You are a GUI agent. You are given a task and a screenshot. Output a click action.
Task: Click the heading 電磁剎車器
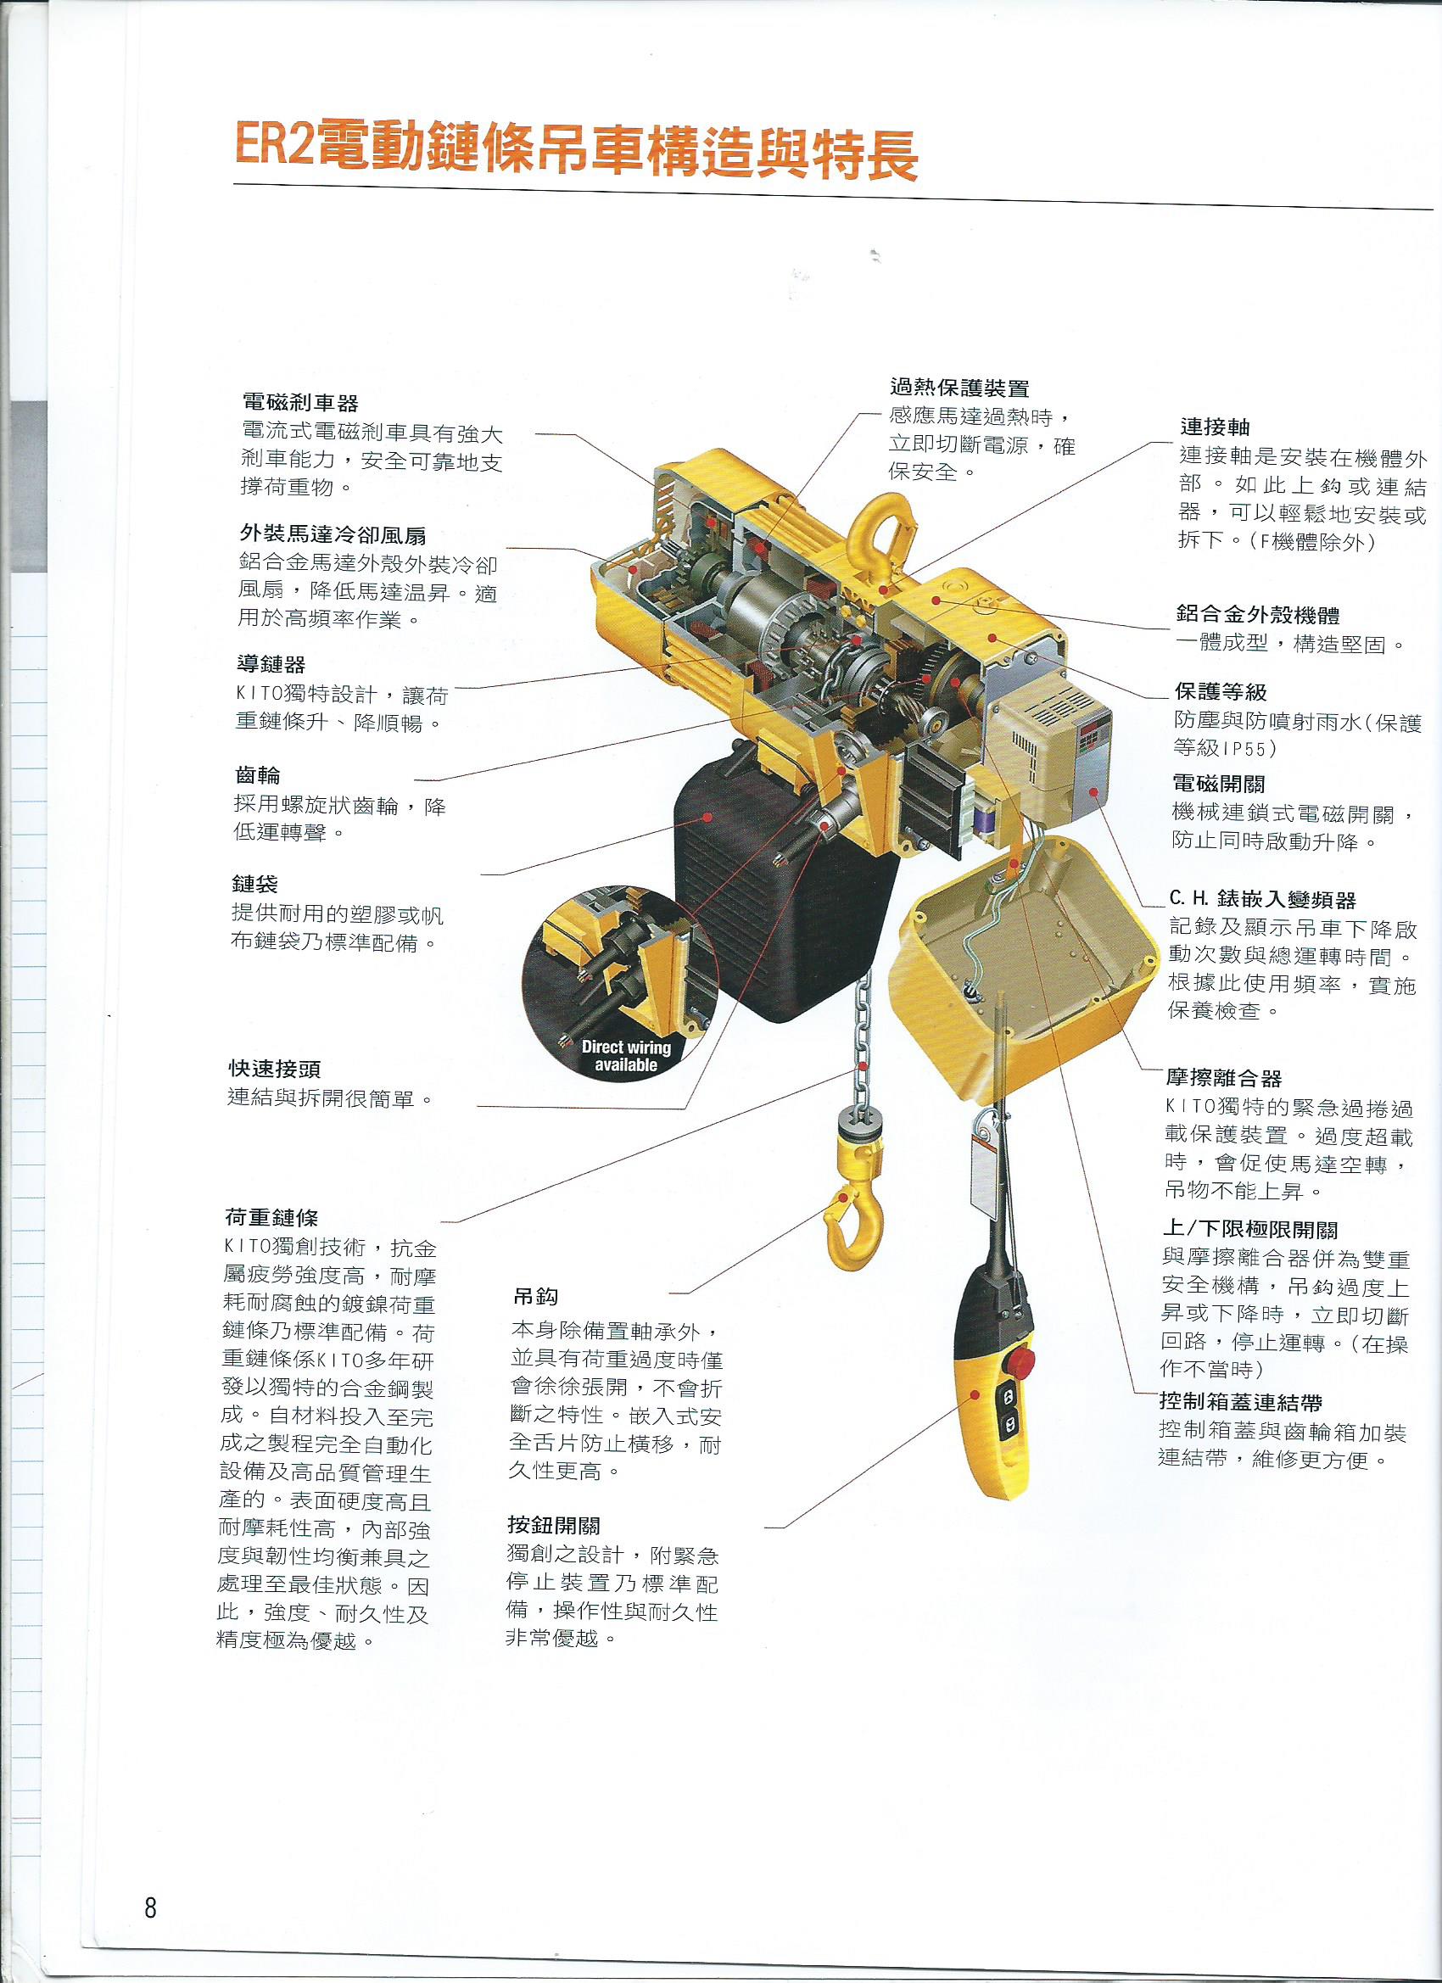pos(300,403)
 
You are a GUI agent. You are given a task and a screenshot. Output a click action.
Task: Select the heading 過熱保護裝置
pos(959,388)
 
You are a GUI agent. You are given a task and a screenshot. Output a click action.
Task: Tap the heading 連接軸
pos(1215,427)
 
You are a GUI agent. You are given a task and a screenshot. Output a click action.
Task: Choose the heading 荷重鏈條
pos(272,1217)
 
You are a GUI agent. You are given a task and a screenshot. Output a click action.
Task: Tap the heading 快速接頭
pos(275,1069)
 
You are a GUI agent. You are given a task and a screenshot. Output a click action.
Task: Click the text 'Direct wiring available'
pos(626,1055)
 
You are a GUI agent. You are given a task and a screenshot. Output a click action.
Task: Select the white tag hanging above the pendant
pos(984,1177)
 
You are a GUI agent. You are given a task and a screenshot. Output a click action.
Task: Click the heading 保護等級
pos(1220,692)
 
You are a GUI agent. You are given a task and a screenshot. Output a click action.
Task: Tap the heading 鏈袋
pos(255,884)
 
